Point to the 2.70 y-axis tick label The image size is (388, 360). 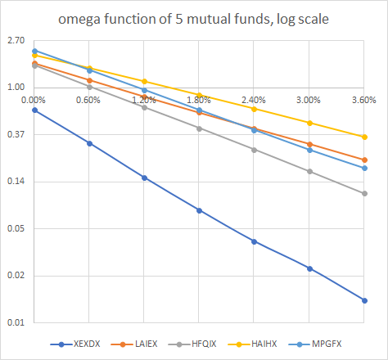17,39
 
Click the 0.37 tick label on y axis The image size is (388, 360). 17,134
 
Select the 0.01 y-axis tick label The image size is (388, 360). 17,322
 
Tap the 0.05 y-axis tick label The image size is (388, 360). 17,228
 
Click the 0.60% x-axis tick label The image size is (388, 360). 88,100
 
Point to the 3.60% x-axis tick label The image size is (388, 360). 364,100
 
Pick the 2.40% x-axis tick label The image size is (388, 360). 254,100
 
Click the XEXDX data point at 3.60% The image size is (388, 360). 364,300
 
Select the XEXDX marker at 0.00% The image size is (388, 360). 34,110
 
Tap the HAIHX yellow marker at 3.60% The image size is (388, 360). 364,137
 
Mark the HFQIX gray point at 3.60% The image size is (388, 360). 364,193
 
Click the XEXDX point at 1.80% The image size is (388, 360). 199,210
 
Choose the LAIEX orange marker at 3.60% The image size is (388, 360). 364,160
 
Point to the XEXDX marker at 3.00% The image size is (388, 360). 309,268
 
